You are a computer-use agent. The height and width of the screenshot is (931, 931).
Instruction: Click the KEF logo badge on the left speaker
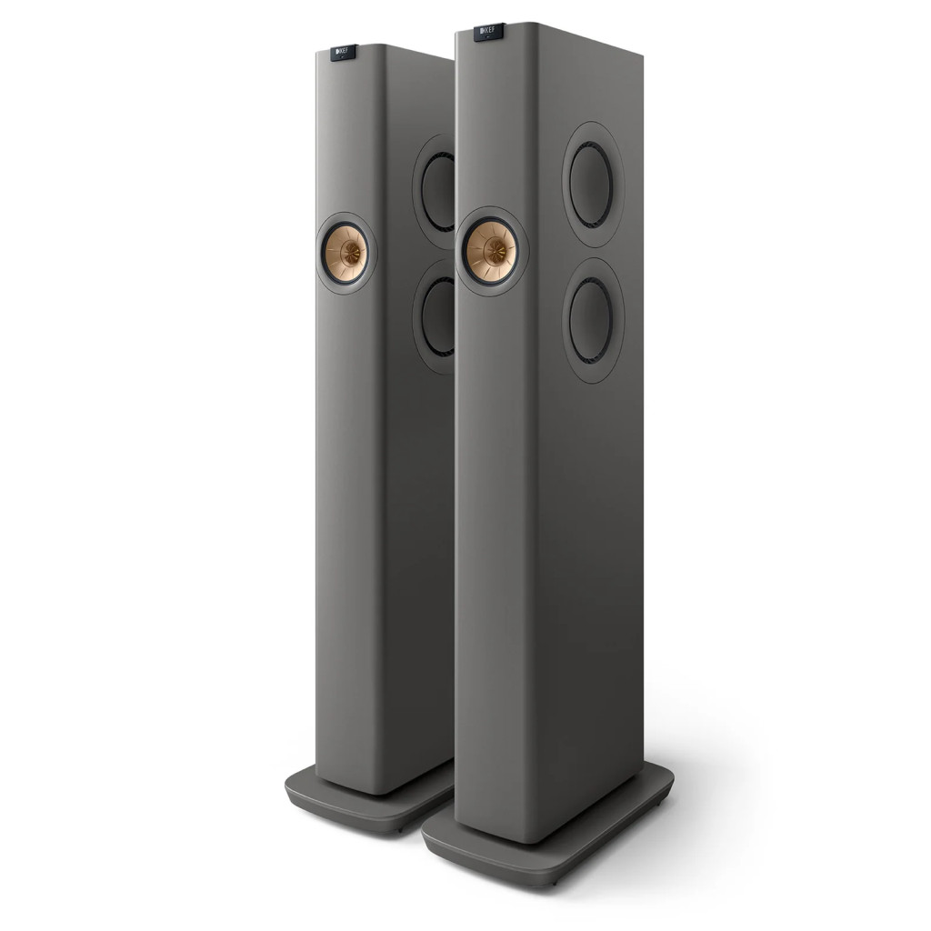344,52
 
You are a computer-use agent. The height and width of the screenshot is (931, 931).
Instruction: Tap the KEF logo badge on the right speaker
489,32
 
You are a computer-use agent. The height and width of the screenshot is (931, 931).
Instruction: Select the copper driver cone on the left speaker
345,254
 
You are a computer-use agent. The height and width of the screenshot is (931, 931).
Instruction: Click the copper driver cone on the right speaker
490,251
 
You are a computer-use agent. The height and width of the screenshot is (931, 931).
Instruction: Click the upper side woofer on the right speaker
590,184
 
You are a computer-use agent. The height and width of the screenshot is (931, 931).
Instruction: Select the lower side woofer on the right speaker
590,321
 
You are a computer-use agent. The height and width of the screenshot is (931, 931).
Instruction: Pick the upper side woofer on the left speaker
438,191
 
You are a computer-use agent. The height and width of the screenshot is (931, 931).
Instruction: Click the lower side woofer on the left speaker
438,316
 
